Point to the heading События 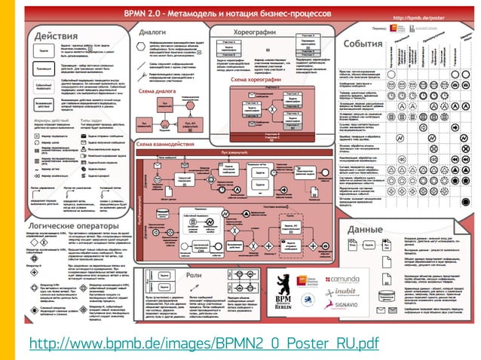(x=364, y=44)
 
